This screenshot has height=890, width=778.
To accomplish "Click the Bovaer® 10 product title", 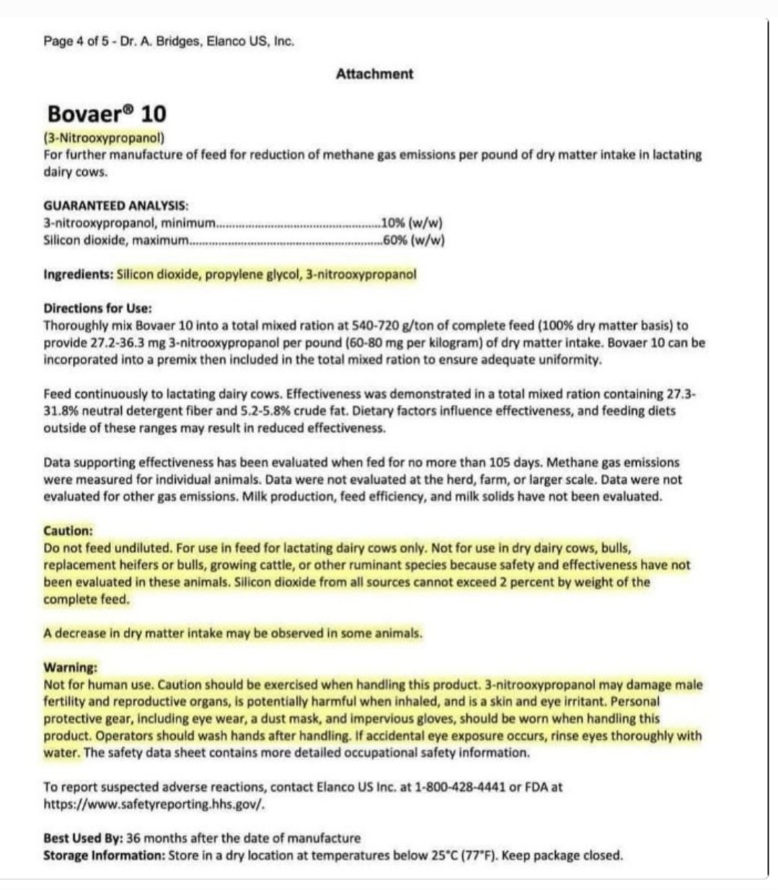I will tap(106, 114).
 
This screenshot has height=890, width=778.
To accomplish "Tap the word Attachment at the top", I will tap(374, 74).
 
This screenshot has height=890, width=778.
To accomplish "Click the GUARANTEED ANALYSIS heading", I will tap(116, 206).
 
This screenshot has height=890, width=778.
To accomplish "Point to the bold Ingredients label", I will tap(78, 275).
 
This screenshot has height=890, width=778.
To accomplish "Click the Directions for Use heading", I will tap(97, 308).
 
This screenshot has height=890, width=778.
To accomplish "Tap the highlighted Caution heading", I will tap(68, 531).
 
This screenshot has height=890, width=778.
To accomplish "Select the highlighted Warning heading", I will tap(70, 667).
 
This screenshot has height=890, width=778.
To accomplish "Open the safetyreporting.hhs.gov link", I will tap(154, 804).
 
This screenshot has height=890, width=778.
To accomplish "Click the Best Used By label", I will tap(82, 839).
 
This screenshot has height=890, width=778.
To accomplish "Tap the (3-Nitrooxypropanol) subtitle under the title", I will tap(104, 137).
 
